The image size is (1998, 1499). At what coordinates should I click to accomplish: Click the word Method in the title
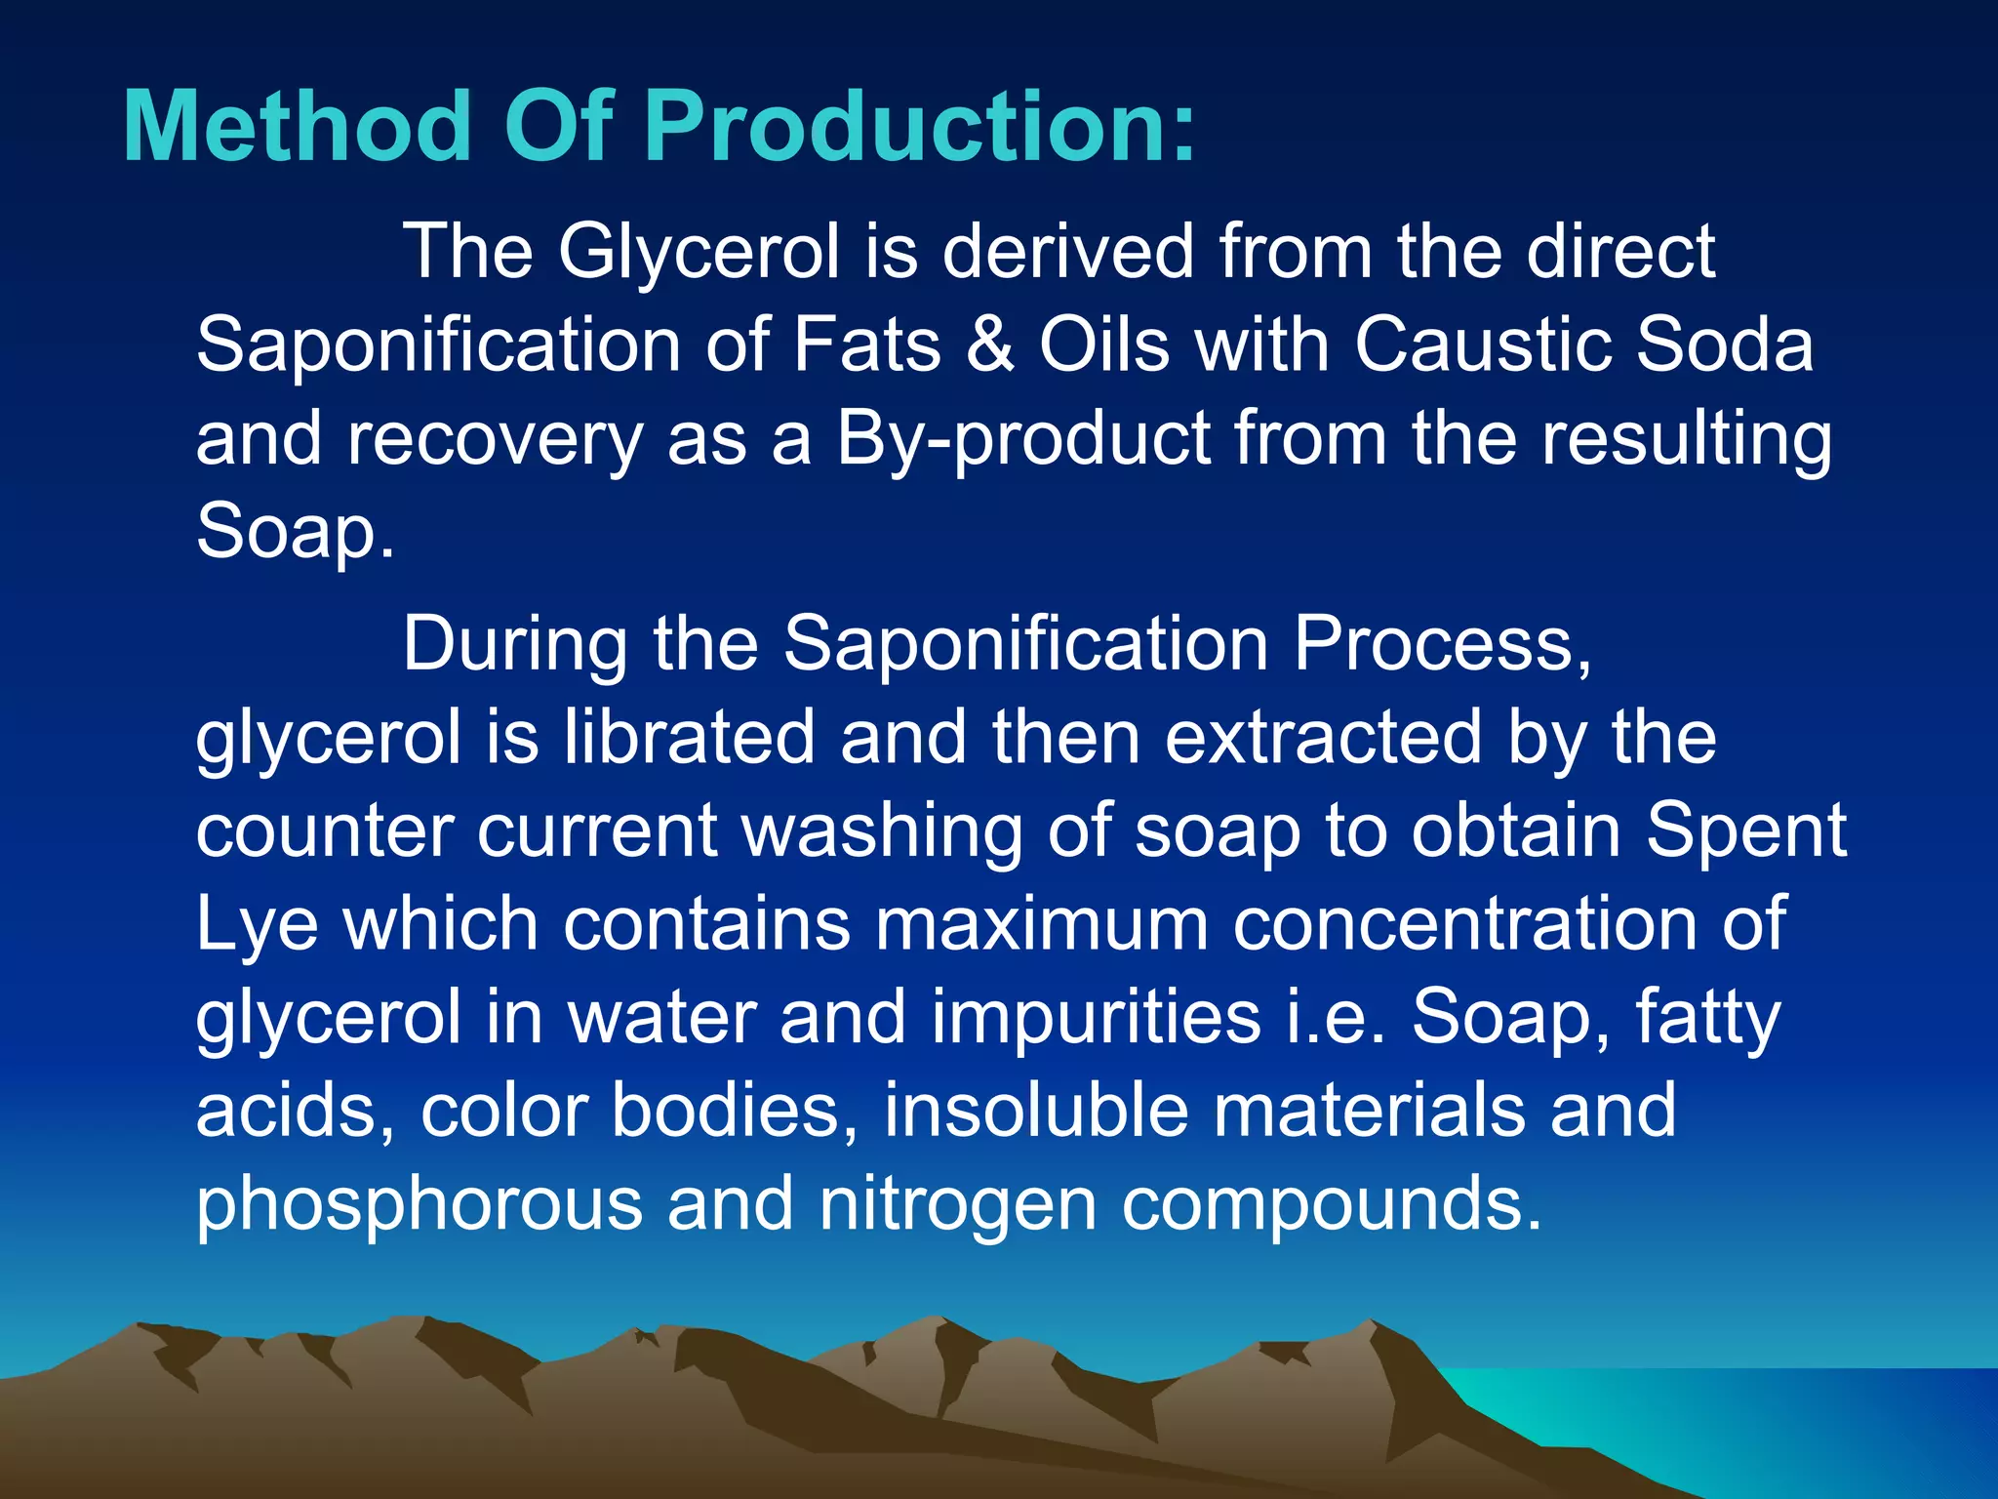point(296,127)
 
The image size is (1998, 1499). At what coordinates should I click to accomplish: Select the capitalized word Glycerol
point(699,252)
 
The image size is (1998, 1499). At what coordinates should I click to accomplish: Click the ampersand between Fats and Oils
point(989,345)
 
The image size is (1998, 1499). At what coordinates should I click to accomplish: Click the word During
point(514,644)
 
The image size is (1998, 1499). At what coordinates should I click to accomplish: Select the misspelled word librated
point(689,737)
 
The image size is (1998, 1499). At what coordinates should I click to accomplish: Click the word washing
point(882,831)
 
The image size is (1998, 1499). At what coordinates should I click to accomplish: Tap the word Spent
point(1746,831)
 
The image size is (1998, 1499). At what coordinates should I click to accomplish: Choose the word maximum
point(1041,923)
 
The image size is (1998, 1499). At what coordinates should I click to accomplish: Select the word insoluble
point(1036,1111)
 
